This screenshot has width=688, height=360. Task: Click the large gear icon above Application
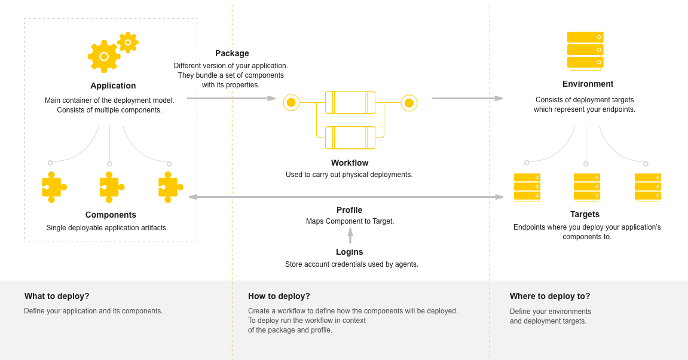[104, 56]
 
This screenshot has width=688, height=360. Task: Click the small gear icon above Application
[128, 42]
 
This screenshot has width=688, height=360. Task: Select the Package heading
[232, 53]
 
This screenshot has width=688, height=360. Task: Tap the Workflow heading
[350, 163]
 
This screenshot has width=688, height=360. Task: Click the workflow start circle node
[291, 102]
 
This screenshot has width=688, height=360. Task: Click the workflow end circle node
[409, 103]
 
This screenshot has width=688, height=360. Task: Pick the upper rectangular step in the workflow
[350, 102]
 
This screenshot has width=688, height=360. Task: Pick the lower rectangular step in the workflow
[350, 138]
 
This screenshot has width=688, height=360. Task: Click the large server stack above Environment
[585, 50]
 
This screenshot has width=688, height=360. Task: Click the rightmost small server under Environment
[647, 187]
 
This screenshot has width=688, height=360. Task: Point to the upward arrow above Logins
[350, 235]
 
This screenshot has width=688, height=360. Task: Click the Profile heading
[349, 210]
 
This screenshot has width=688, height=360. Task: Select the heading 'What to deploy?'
[57, 296]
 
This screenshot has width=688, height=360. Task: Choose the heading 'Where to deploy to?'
[549, 296]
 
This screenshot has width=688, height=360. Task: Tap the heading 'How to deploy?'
[279, 296]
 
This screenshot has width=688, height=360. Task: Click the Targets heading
[585, 214]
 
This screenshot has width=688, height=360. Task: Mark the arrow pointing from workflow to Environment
[467, 98]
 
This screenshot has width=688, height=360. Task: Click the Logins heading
[350, 252]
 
